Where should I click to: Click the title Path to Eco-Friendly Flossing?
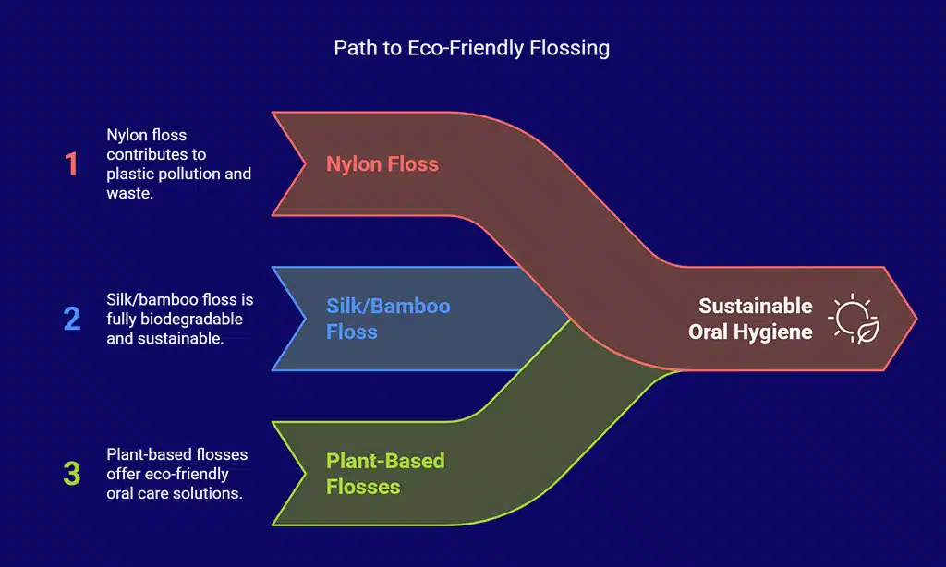click(471, 48)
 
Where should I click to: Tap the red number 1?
click(72, 164)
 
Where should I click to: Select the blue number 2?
click(72, 319)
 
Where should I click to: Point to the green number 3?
click(72, 474)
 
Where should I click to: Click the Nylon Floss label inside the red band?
click(382, 164)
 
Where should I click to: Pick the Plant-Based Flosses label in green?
click(385, 473)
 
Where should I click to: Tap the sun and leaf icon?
click(854, 320)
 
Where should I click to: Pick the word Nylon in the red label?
click(352, 164)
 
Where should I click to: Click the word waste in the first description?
click(129, 193)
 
